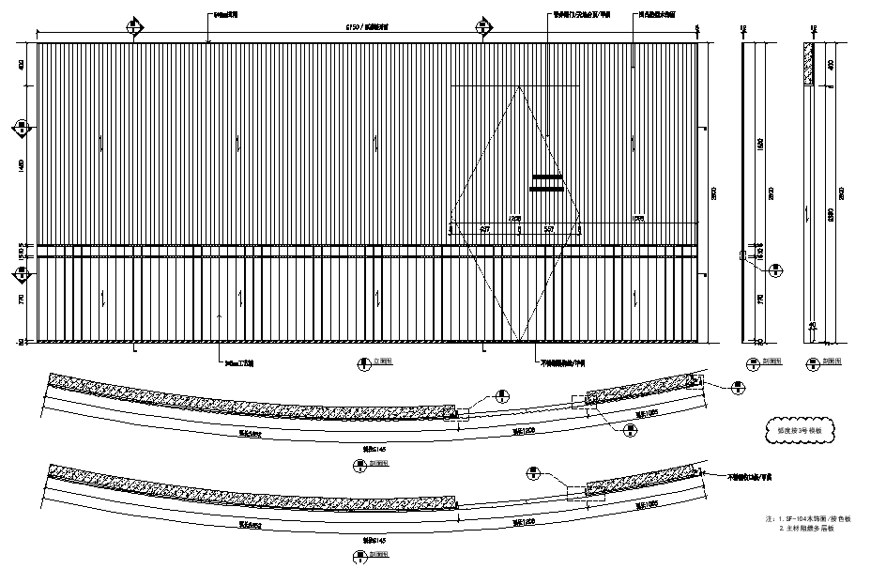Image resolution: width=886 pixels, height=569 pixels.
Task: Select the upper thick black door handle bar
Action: coord(546,177)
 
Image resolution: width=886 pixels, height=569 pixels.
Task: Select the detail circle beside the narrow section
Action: coord(777,270)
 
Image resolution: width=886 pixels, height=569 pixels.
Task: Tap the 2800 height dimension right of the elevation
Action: coord(715,192)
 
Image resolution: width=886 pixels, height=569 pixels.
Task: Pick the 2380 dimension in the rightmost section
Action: coord(827,211)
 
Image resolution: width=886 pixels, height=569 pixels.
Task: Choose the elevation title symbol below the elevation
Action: coord(360,362)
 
